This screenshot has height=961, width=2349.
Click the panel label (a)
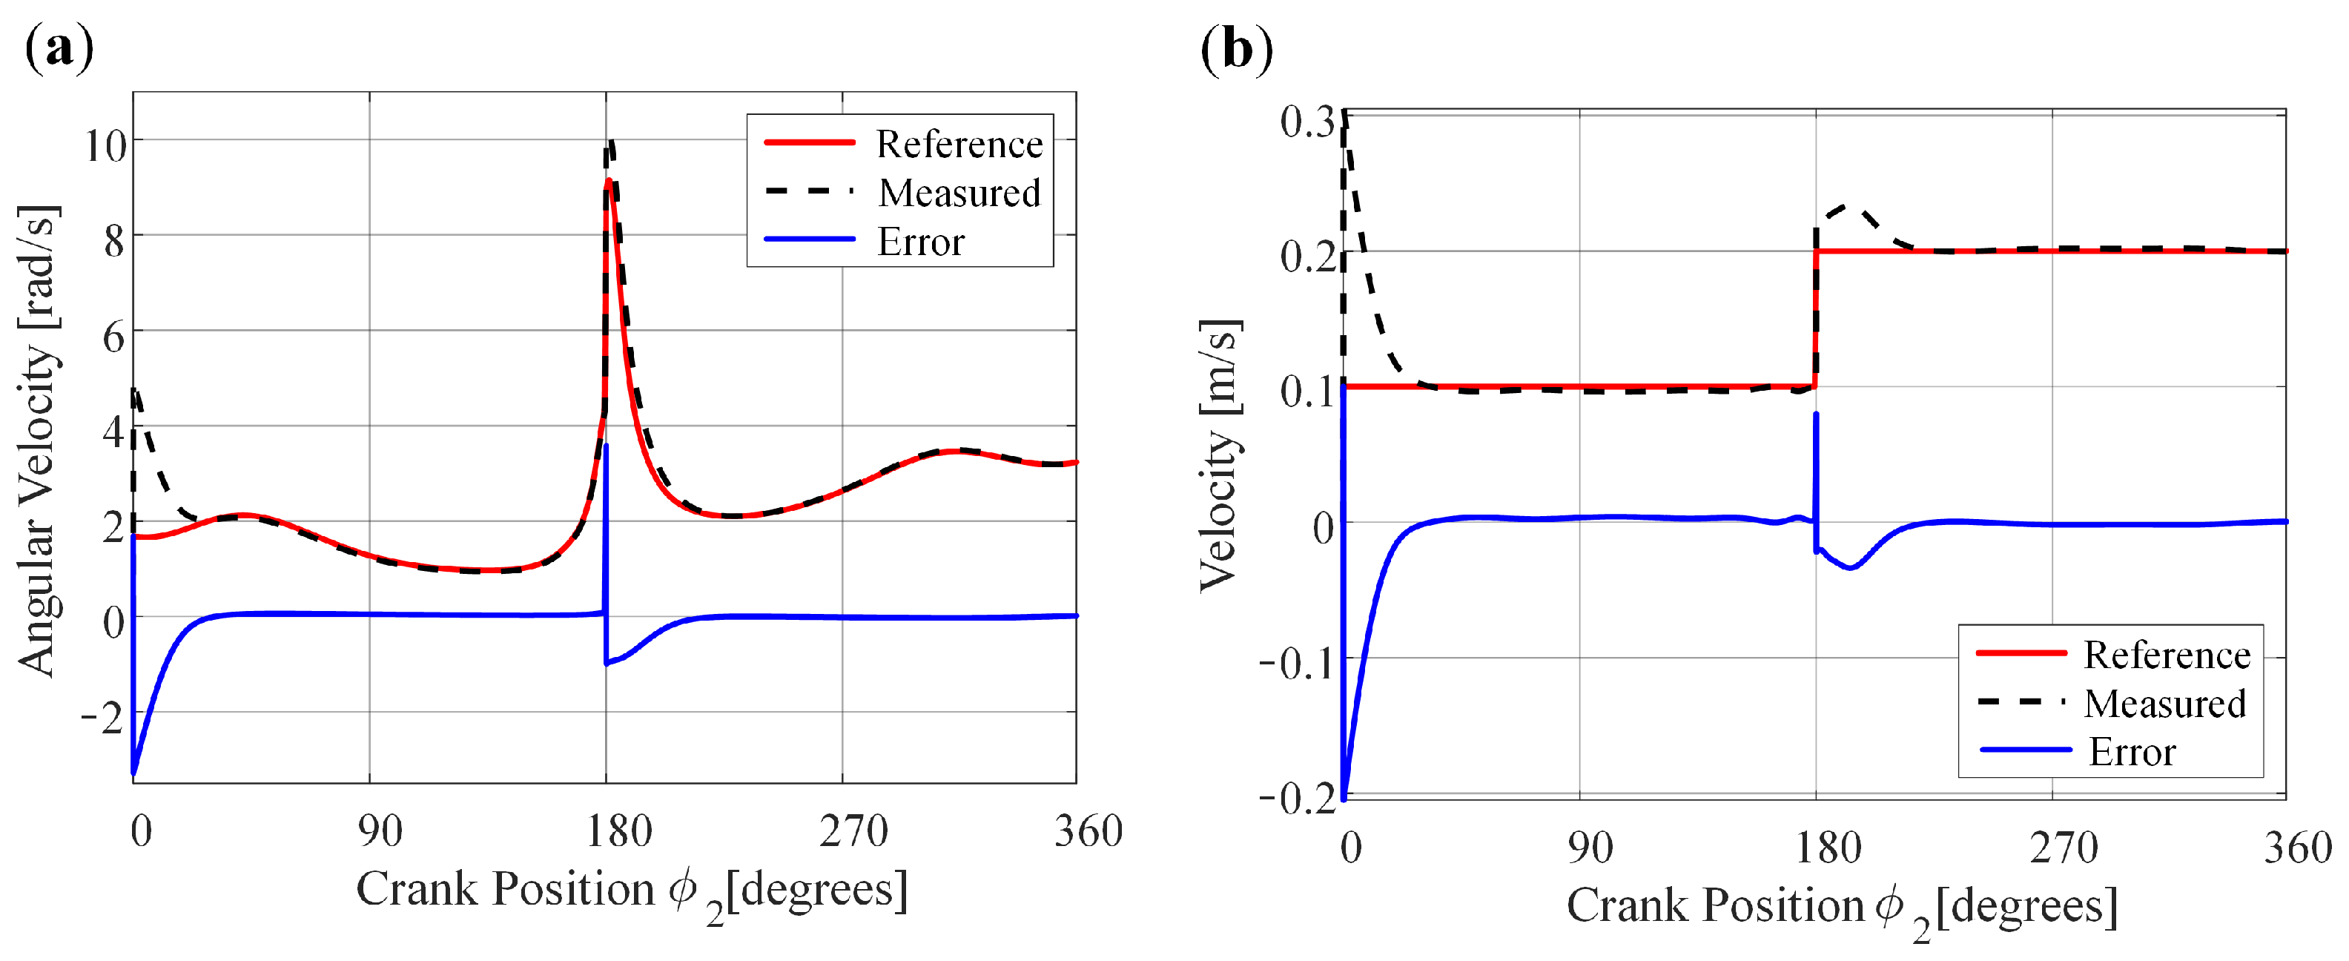point(59,48)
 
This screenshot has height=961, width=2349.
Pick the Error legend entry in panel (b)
point(2131,752)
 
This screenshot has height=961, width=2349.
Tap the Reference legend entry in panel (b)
point(2166,655)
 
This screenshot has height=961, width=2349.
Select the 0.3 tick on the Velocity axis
point(1306,122)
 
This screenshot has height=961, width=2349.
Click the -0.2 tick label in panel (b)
point(1297,798)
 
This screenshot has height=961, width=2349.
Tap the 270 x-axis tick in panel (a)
point(853,831)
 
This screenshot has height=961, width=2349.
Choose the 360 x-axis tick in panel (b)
point(2297,848)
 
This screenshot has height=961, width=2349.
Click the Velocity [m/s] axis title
point(1219,455)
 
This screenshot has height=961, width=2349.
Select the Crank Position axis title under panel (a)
point(631,890)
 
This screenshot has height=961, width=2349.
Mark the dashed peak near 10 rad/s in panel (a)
point(611,143)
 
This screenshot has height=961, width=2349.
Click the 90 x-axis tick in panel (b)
point(1590,848)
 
